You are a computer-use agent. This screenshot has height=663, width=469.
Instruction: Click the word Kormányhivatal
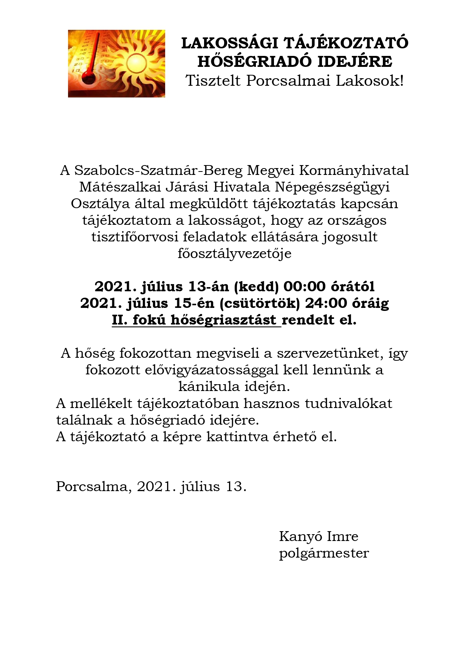point(354,170)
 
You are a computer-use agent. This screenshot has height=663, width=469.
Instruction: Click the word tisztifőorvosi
point(135,237)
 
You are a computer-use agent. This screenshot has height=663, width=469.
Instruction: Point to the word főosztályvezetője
point(234,253)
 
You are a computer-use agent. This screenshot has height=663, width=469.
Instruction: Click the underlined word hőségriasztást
point(223,320)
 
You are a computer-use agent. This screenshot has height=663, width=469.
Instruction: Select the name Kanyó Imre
point(319,536)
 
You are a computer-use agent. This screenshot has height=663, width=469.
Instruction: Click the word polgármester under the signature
point(324,553)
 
